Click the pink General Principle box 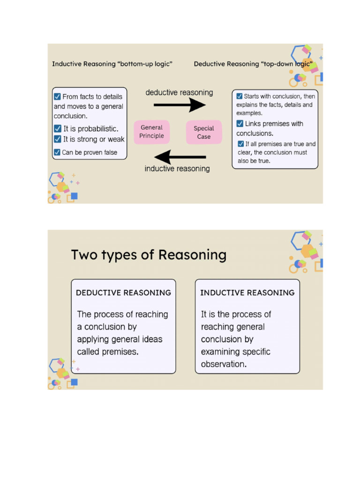coord(151,132)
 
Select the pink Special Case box coord(203,132)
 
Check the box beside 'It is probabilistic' coord(58,128)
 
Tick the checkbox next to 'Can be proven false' coord(57,152)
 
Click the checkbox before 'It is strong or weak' coord(58,139)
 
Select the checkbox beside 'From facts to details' coord(57,97)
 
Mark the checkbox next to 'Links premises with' coord(240,124)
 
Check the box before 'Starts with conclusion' coord(240,96)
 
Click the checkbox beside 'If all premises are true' coord(241,144)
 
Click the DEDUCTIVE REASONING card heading coord(123,292)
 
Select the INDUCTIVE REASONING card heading coord(247,292)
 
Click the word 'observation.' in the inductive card coord(224,364)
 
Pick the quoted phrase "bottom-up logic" coord(145,64)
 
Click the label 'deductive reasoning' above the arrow coord(179,92)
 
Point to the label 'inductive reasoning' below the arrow coord(177,169)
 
